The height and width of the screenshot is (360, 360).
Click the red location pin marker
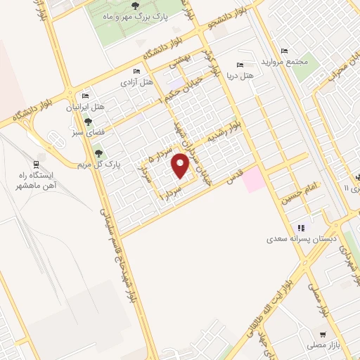click(x=181, y=166)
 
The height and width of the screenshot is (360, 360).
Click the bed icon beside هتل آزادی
click(x=136, y=71)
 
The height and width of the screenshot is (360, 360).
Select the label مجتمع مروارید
click(x=285, y=61)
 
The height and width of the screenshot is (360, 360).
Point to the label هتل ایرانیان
click(x=84, y=107)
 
